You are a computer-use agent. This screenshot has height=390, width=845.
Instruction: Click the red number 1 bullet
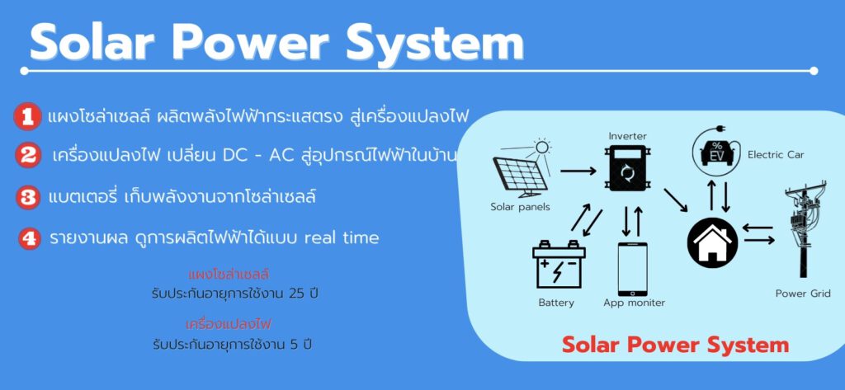[x=27, y=116]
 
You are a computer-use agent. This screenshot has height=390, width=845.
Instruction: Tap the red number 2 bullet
[x=28, y=155]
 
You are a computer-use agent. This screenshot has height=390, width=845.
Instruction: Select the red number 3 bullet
[x=27, y=197]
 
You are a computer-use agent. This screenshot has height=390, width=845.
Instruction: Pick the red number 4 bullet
[x=29, y=238]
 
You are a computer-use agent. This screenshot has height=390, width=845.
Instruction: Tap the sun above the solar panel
[x=541, y=147]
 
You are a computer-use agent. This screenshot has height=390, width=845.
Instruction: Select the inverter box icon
[x=627, y=169]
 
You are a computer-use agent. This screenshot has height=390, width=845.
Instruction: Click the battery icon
[x=559, y=265]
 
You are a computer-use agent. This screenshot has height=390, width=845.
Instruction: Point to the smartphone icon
[x=633, y=269]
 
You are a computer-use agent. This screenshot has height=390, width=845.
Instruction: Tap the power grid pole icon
[x=804, y=232]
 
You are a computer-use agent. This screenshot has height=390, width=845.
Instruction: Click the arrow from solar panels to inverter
[x=578, y=172]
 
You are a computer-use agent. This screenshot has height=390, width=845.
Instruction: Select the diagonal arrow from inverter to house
[x=676, y=200]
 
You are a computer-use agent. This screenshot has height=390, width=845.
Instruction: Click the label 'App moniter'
[x=635, y=303]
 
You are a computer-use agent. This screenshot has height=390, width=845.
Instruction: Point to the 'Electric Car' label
[x=776, y=155]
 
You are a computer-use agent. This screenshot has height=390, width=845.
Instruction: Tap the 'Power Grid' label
[x=803, y=294]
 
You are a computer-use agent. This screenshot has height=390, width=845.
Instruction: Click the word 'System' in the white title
[x=435, y=43]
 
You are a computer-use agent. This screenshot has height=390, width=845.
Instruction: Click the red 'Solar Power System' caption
[x=675, y=345]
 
